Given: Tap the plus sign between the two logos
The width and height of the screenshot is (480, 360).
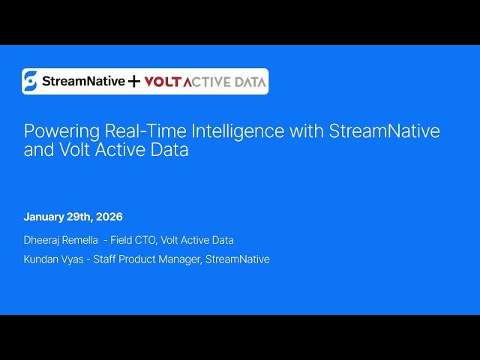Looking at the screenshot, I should [x=133, y=82].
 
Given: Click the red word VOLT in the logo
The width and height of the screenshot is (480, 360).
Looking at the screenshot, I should [x=160, y=82].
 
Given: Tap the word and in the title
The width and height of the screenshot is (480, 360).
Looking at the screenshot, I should [x=38, y=149].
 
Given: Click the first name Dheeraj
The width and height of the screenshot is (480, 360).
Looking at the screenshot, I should [x=42, y=240].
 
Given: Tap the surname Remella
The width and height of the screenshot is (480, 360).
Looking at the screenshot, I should [x=83, y=240].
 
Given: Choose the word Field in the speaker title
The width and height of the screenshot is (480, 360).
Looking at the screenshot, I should [x=122, y=240].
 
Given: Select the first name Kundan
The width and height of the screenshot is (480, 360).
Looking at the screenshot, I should [x=41, y=259].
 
